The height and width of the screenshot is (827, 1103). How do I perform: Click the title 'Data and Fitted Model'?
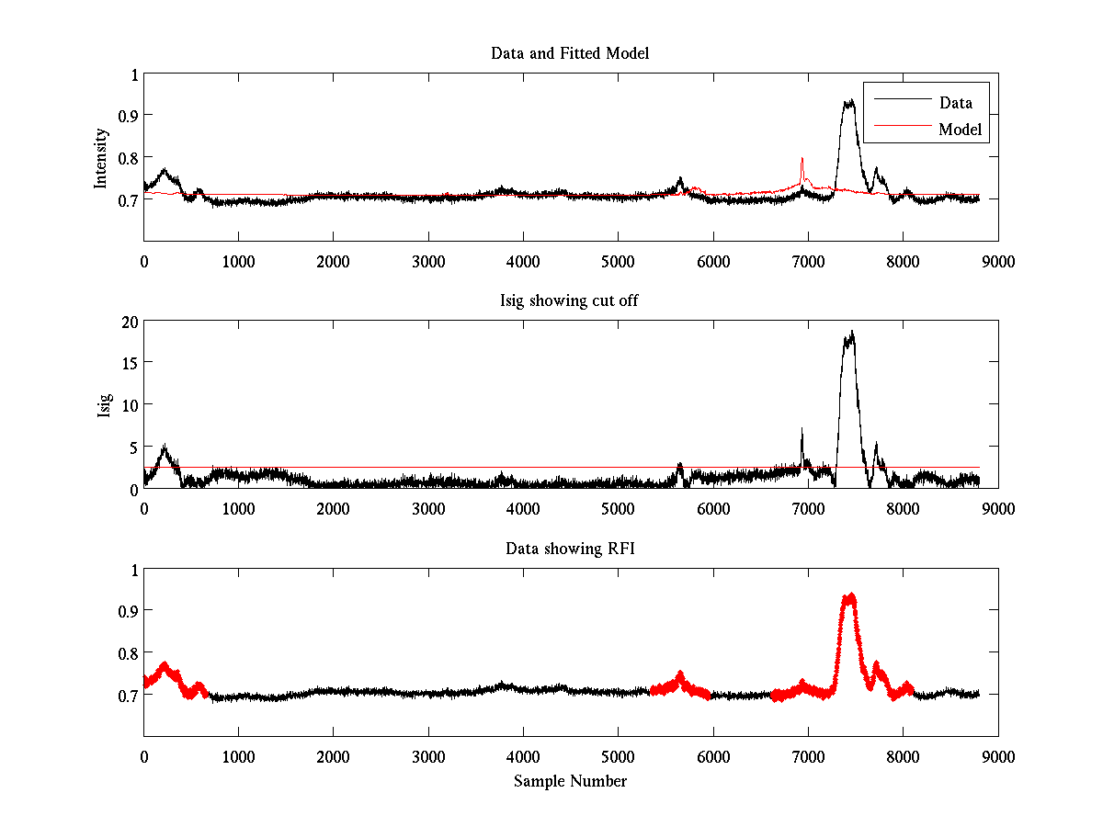[570, 53]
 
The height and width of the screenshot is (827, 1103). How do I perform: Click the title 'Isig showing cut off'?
[570, 301]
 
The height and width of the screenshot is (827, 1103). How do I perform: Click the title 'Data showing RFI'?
[570, 549]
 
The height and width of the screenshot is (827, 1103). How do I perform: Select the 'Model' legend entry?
[960, 130]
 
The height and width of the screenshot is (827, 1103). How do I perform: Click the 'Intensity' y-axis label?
[102, 157]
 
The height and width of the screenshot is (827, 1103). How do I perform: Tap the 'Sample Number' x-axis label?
[570, 781]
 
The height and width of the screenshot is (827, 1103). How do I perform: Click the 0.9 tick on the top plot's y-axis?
[127, 115]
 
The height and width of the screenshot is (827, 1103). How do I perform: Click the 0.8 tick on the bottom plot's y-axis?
[127, 652]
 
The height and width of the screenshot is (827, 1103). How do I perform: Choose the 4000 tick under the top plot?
[523, 261]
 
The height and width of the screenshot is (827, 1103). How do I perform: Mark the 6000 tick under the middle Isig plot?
[713, 508]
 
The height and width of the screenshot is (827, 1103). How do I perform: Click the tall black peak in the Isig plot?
[851, 333]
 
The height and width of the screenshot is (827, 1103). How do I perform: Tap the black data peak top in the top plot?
[848, 101]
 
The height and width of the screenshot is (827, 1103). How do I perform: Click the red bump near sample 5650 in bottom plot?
[680, 676]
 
